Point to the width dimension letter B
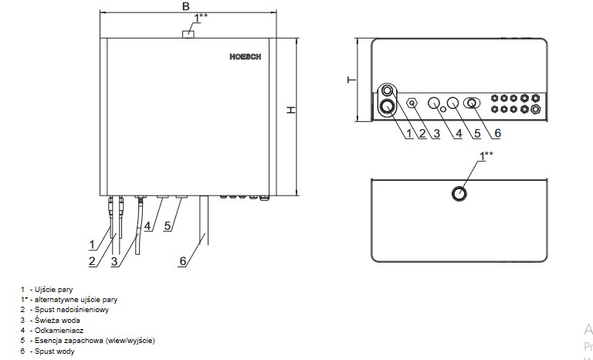[x=185, y=6]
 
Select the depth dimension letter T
[x=350, y=80]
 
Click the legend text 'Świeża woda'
[x=57, y=320]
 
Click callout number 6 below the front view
[x=182, y=261]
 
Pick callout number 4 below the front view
[x=147, y=226]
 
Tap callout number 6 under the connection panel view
[x=496, y=134]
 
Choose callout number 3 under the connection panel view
[x=437, y=134]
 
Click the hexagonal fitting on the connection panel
[x=412, y=102]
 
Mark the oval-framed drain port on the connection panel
[x=470, y=102]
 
